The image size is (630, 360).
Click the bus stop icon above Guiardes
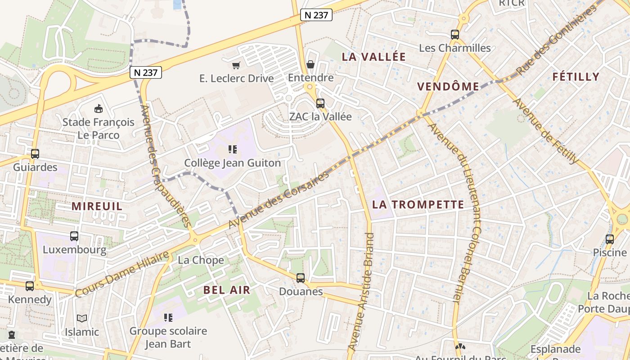point(35,154)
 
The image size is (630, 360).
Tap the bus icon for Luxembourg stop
point(74,236)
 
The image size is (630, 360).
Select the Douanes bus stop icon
point(301,278)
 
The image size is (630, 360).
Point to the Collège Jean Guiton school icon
point(232,149)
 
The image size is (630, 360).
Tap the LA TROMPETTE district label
point(418,205)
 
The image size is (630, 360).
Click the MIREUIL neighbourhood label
point(97,207)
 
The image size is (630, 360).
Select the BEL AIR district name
point(226,290)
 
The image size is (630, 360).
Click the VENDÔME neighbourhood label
point(448,87)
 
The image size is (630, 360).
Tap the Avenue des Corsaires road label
point(279,199)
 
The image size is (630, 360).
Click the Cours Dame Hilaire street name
point(122,274)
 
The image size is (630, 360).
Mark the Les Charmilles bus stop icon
point(455,34)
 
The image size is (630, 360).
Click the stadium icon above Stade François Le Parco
point(98,108)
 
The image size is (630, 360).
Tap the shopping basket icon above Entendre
point(310,64)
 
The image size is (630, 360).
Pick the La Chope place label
point(201,260)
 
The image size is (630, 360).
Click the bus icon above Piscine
point(610,239)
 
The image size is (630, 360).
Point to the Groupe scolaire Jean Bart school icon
point(168,318)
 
